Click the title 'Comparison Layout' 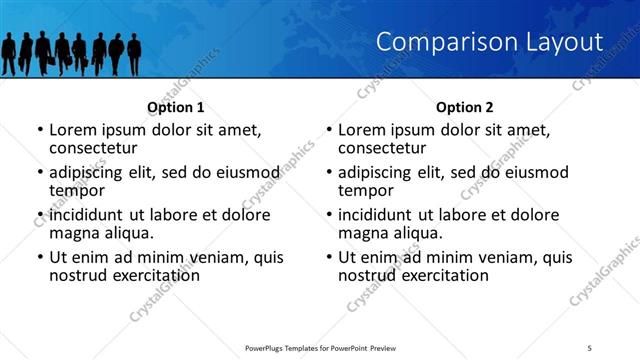point(490,42)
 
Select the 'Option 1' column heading point(175,107)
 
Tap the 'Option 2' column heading point(464,107)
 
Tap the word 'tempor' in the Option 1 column point(78,191)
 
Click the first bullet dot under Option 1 point(40,130)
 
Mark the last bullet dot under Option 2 point(329,257)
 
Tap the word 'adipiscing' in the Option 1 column point(92,172)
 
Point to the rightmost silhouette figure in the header point(134,54)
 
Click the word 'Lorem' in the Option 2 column point(362,130)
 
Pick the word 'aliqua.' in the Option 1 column point(128,233)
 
